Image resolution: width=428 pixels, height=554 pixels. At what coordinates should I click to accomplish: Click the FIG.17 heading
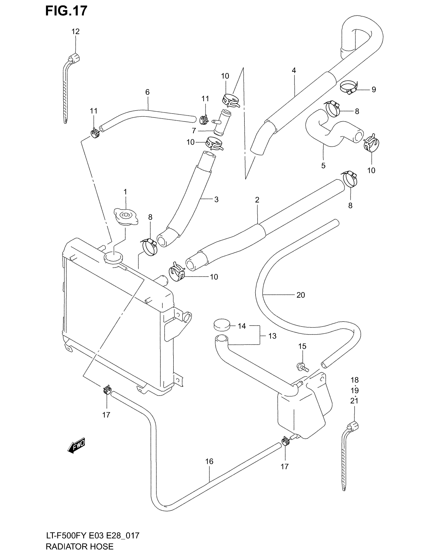(66, 11)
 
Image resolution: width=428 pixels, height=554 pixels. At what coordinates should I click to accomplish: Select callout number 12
(75, 31)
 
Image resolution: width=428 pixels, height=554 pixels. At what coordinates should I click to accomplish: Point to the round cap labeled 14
(221, 325)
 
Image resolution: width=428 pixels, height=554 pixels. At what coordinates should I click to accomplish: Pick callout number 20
(300, 295)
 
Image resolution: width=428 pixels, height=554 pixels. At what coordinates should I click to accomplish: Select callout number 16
(209, 461)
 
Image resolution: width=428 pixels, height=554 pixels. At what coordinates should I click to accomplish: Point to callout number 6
(147, 92)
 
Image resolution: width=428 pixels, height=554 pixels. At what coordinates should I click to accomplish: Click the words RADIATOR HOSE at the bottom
(80, 546)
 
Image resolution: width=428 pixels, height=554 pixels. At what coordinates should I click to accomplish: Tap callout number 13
(272, 336)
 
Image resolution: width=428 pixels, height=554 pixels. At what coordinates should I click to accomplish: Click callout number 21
(354, 401)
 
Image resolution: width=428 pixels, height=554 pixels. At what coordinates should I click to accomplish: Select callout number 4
(294, 70)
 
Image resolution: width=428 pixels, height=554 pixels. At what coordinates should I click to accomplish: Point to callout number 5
(323, 165)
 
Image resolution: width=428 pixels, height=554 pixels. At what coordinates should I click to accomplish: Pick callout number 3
(216, 199)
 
